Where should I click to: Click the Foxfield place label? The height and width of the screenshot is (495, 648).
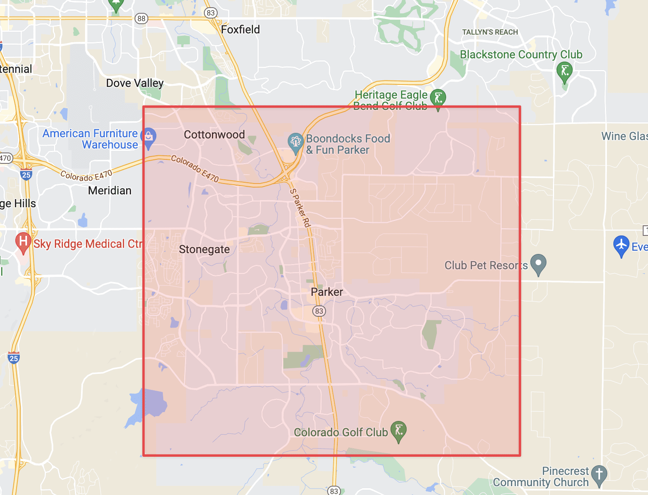(240, 29)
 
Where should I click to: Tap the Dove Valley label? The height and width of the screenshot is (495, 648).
(135, 83)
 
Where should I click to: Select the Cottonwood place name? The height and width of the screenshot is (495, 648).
(214, 134)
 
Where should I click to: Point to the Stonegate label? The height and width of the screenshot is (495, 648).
(204, 250)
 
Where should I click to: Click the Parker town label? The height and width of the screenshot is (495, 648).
(327, 292)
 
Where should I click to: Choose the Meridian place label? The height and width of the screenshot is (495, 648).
(110, 190)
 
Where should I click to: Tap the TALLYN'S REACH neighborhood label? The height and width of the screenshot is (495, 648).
(490, 32)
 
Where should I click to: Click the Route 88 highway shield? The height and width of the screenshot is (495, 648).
(141, 19)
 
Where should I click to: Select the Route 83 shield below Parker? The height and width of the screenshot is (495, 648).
(319, 311)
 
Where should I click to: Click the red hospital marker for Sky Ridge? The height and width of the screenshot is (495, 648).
(23, 242)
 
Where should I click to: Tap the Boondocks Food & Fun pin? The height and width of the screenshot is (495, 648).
(295, 142)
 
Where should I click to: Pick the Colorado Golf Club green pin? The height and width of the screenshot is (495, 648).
(399, 431)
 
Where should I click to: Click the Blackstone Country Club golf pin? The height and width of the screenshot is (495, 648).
(565, 71)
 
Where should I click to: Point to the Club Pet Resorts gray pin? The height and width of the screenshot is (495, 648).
(538, 264)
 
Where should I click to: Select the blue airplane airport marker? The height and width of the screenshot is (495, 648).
(621, 245)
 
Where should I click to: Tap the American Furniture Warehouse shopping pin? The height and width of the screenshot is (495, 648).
(148, 137)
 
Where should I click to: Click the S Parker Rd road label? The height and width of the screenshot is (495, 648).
(300, 208)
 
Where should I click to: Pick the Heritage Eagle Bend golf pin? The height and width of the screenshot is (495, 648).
(438, 98)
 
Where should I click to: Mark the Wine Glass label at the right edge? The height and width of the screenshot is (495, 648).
(624, 136)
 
